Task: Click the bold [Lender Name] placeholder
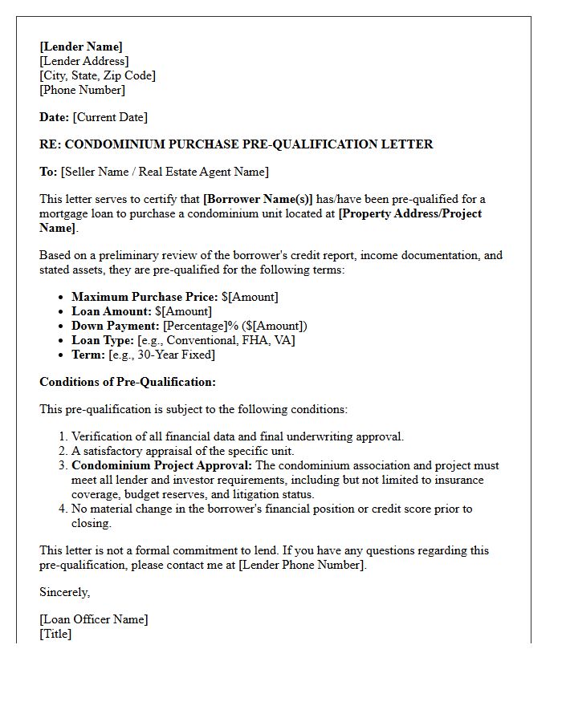click(81, 47)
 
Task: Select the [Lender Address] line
click(84, 61)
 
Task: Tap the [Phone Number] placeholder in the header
click(83, 90)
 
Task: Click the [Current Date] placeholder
click(110, 117)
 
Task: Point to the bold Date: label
click(55, 117)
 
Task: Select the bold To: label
click(48, 172)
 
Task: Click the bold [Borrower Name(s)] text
click(258, 199)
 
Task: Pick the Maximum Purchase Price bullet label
click(145, 297)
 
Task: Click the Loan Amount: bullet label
click(112, 311)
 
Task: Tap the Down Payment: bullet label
click(116, 326)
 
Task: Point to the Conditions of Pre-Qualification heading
click(128, 382)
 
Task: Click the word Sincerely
click(65, 592)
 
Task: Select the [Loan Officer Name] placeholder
click(94, 619)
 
